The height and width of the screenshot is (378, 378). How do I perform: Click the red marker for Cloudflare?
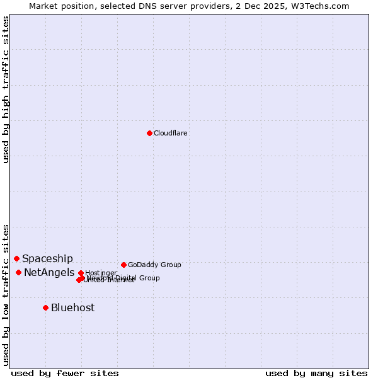tap(149, 133)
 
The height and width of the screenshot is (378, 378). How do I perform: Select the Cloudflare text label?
tap(171, 134)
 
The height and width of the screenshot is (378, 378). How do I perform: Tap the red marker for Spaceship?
tap(17, 258)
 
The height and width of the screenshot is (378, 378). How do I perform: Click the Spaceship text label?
tap(48, 259)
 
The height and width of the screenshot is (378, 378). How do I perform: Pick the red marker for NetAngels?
tap(19, 272)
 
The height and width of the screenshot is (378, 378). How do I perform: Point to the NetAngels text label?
tap(49, 273)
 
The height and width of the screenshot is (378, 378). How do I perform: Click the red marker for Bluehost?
tap(46, 307)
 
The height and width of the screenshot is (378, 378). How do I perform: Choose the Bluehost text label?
tap(73, 308)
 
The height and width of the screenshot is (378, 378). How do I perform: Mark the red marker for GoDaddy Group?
tap(123, 265)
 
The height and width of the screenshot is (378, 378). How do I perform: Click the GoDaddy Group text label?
tap(154, 265)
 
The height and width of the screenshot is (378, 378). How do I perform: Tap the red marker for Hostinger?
tap(81, 273)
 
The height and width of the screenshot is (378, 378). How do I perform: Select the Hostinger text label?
tap(101, 273)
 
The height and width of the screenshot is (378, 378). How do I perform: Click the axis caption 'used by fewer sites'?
tap(65, 374)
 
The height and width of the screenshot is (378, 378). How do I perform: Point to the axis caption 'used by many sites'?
tap(316, 374)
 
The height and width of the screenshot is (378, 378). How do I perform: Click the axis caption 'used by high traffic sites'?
tap(6, 89)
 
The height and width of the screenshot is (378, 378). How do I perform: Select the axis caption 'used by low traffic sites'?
tap(6, 294)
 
